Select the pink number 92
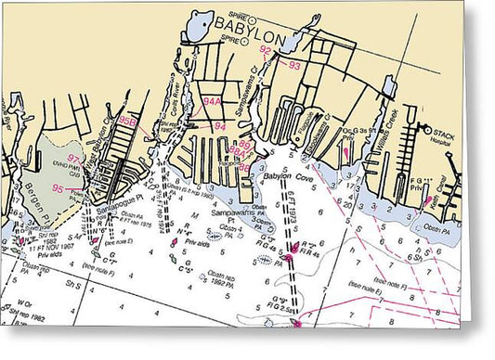click(267, 50)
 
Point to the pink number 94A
click(213, 102)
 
